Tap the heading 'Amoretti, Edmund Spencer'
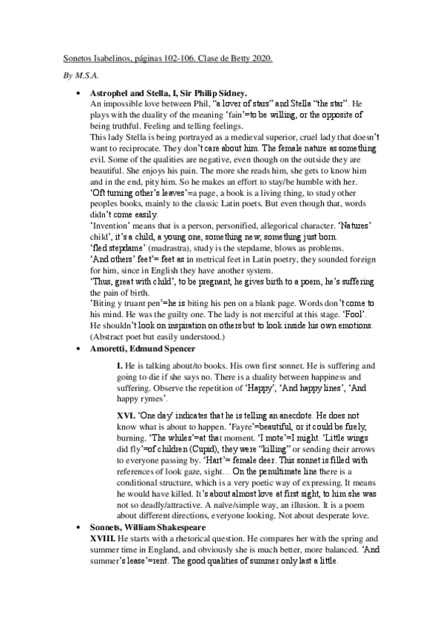tap(143, 348)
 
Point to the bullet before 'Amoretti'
tap(78, 348)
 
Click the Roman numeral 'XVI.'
tap(126, 416)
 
